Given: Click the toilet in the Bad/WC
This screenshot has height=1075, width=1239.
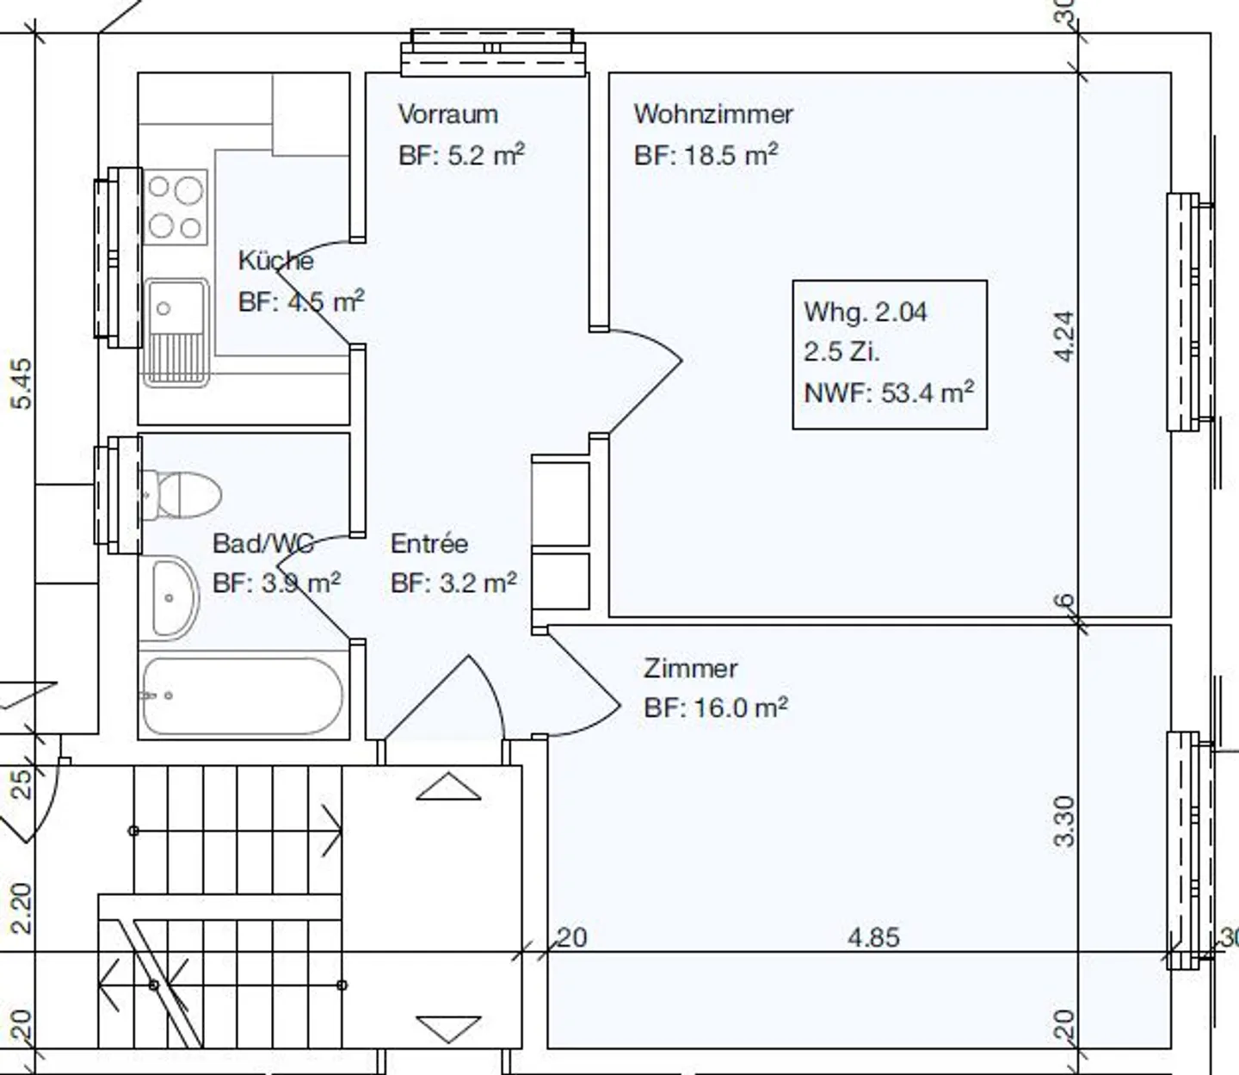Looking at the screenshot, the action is point(181,494).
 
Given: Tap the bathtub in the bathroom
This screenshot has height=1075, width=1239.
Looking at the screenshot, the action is point(243,696).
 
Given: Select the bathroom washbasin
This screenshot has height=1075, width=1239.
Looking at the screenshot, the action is point(175,598).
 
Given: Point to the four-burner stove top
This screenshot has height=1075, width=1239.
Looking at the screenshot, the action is point(176,207).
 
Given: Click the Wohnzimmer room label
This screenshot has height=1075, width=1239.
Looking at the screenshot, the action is point(713,114).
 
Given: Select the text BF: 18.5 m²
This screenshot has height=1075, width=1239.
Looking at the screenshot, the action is point(706,155).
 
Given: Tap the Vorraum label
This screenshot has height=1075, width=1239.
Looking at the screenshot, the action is point(448,114).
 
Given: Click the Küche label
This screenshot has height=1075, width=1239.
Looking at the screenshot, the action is point(275,261).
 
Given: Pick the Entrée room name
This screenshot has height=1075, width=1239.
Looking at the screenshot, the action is point(429,543).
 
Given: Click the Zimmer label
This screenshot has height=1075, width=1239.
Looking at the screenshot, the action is point(690,669).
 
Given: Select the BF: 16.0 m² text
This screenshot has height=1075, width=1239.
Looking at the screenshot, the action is point(716,707).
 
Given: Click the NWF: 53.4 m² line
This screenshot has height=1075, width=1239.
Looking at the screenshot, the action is point(889,392).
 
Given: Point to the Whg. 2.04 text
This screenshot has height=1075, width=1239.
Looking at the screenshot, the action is point(866,312).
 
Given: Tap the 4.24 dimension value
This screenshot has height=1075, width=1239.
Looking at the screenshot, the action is point(1064,337).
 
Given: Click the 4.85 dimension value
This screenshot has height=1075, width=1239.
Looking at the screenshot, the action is point(873,937).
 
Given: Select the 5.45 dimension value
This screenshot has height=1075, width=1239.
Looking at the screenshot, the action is point(22,384).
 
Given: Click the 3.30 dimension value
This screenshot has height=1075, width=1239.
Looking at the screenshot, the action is point(1064,820).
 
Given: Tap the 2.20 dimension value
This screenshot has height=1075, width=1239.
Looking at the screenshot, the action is point(22,908).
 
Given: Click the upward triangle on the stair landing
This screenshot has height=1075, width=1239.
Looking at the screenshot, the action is point(449,786).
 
